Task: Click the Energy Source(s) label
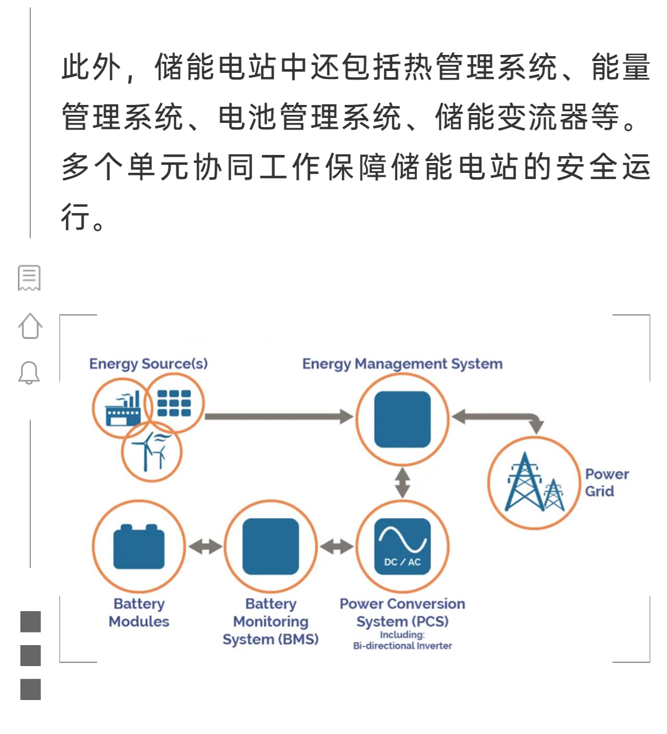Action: coord(148,364)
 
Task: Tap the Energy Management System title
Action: coord(402,364)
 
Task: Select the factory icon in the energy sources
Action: coord(122,410)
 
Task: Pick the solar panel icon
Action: coord(174,403)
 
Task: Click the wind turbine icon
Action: coord(151,451)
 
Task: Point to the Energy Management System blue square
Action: coord(402,419)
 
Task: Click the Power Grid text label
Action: coord(606,483)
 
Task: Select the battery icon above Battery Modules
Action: coord(139,547)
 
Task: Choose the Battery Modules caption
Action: coord(139,612)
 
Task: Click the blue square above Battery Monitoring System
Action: coord(271,547)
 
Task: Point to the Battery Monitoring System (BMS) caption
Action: coord(271,621)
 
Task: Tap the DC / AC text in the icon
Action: coord(402,562)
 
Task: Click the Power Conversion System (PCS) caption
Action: coord(402,612)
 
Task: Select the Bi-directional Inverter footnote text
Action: coord(402,646)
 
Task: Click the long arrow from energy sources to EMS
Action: coord(278,417)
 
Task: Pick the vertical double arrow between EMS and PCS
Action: coord(402,483)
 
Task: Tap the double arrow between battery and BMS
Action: coord(205,547)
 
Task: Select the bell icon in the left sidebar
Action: coord(29,373)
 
